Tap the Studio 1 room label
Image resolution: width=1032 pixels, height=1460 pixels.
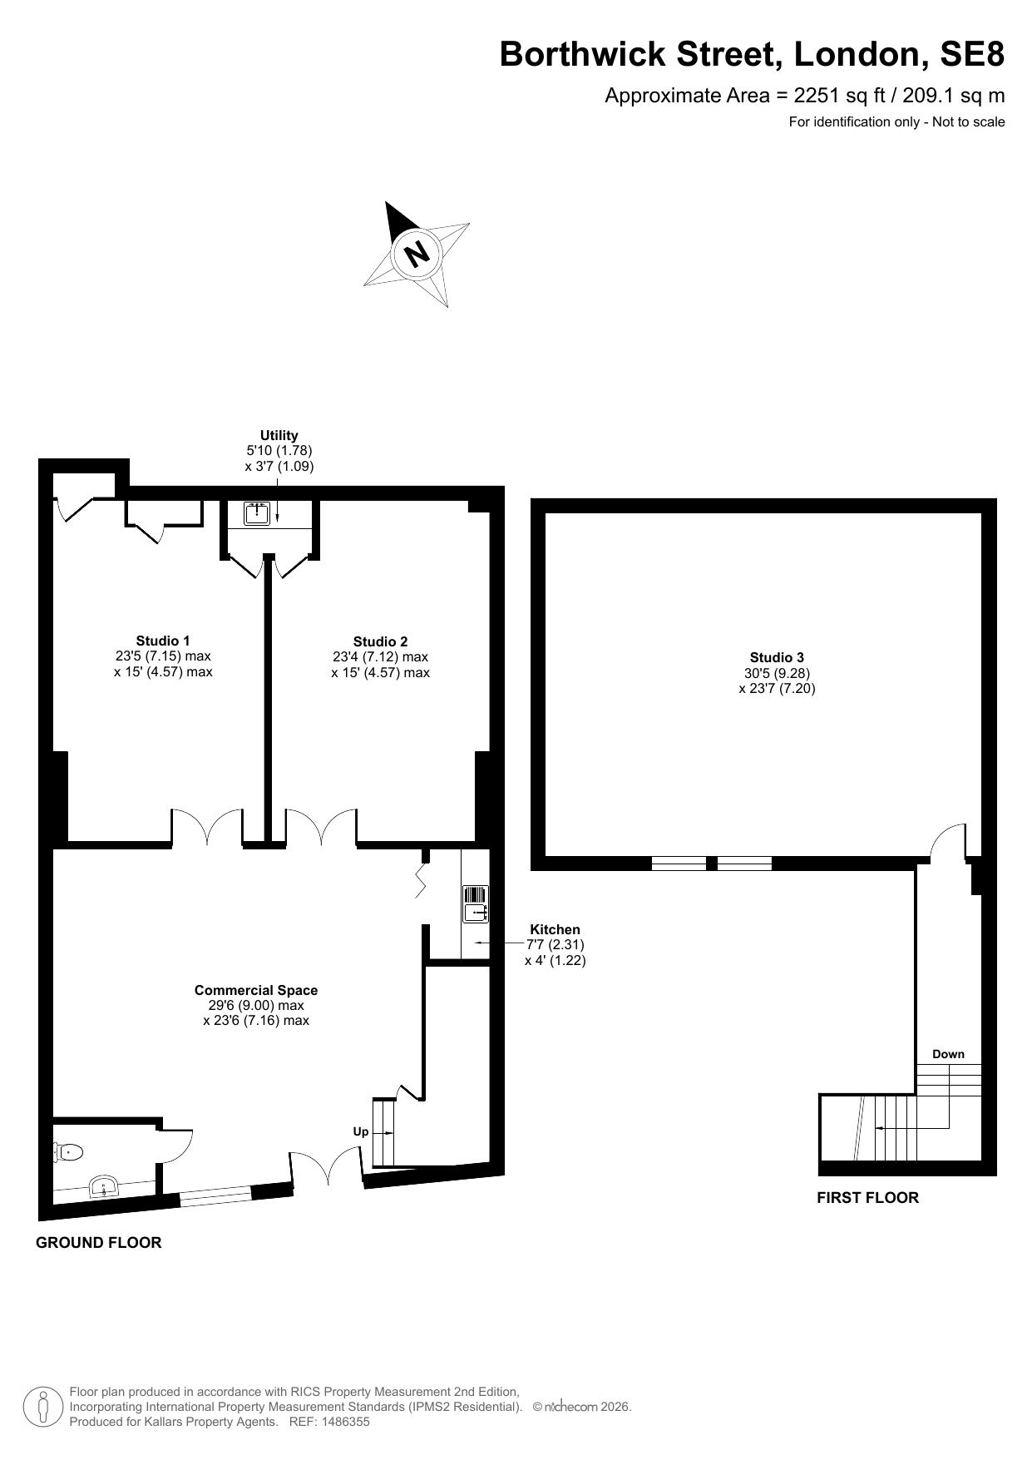163,641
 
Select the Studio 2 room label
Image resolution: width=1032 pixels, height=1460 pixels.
380,641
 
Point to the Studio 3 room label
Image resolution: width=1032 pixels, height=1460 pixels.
777,657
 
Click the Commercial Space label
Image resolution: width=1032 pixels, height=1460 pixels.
256,990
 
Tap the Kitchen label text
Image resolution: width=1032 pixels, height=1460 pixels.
556,929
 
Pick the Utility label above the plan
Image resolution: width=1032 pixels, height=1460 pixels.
279,435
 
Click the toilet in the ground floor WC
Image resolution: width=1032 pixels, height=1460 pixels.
68,1152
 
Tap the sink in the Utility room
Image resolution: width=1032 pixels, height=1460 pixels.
257,512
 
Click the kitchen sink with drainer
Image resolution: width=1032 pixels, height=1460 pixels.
475,904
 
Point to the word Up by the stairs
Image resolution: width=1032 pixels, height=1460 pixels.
361,1132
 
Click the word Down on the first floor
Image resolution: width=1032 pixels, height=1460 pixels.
948,1054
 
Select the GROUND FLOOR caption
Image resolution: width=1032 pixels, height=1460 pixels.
98,1243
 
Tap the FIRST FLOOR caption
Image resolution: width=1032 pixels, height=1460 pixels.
867,1198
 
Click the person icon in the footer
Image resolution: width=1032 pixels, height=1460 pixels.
44,1406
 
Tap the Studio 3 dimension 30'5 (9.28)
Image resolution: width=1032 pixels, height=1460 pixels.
777,673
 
